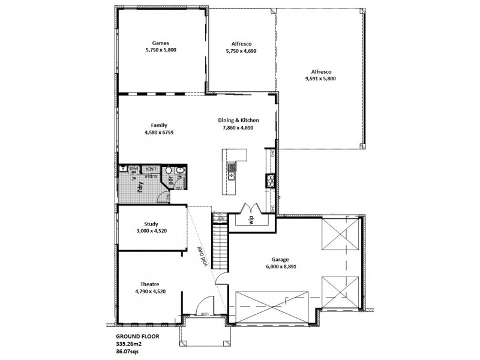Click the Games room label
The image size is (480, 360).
(160, 43)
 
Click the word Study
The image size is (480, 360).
(151, 224)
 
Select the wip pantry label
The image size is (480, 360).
(252, 218)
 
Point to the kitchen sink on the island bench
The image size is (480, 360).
(232, 176)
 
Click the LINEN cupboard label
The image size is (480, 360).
(153, 169)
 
